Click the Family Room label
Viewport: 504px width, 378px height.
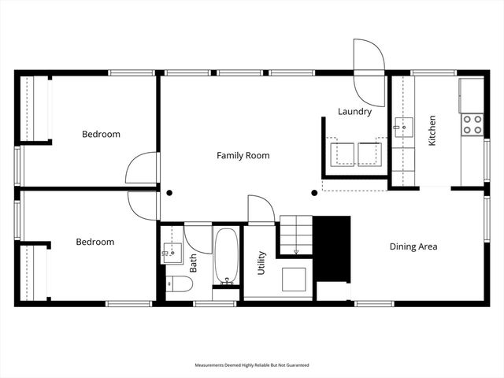tap(243, 156)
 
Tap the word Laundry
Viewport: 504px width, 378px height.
tap(354, 112)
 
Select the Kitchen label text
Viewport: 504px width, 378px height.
tap(432, 131)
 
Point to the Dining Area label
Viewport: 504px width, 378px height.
tap(413, 246)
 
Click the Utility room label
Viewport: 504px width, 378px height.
tap(261, 262)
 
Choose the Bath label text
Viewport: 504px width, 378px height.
tap(193, 261)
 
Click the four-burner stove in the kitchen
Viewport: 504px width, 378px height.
tap(472, 124)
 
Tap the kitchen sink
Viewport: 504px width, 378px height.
tap(404, 127)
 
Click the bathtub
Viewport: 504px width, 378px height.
tap(227, 256)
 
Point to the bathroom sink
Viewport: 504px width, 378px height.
tap(172, 250)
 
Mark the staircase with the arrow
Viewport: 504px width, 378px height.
tap(297, 235)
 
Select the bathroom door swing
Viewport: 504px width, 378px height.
tap(197, 239)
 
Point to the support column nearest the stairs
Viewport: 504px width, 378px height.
tap(314, 192)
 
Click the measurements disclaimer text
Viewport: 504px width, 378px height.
tap(252, 365)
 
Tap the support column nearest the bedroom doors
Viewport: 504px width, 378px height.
tap(169, 192)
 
